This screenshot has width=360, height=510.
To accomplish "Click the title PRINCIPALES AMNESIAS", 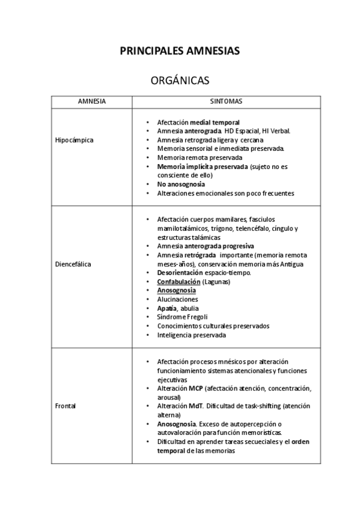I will tap(180, 51).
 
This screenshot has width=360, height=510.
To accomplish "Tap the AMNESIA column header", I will tap(92, 102).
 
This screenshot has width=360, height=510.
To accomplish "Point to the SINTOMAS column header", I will tap(226, 102).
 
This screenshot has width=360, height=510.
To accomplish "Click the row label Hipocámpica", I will tap(74, 140).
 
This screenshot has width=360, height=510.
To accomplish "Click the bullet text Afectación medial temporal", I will tap(198, 121).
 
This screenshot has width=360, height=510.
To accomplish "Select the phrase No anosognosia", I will tap(181, 184).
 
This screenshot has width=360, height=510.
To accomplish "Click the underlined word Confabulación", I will tap(178, 281).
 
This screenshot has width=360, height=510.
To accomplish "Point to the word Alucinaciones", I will tap(177, 299).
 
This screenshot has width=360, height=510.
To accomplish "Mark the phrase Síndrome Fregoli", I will tap(182, 317).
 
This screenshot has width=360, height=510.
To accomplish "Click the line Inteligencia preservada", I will tap(191, 334).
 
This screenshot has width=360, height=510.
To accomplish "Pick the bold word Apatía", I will tap(166, 308).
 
